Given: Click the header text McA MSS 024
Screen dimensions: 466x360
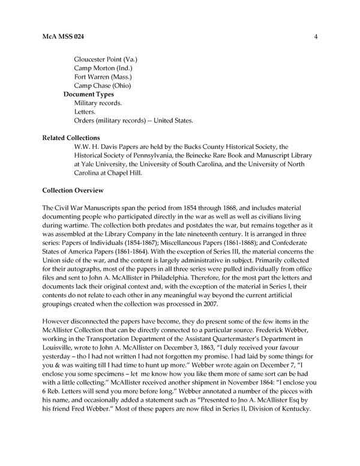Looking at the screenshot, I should click(63, 37).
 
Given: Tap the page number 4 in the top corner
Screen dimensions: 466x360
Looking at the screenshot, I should click(315, 37).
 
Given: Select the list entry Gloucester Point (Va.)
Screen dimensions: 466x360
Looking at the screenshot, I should click(106, 60).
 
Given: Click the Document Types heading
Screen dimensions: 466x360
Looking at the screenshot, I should click(89, 94).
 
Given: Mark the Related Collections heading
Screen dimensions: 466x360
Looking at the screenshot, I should click(71, 138).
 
